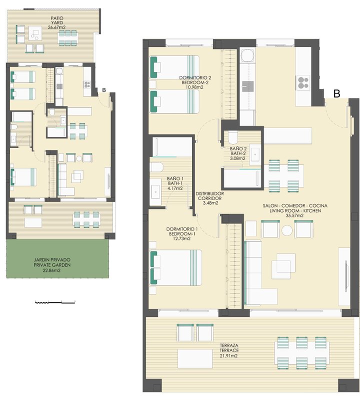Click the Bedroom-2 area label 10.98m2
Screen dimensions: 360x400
tap(194, 87)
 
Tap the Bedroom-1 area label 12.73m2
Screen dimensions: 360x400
tap(181, 239)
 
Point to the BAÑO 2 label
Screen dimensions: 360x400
tap(238, 148)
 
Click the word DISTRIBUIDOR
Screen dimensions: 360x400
tap(209, 193)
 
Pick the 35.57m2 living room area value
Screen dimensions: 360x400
tap(295, 215)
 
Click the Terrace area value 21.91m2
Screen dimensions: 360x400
tap(229, 356)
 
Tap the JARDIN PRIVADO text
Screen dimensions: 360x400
tap(52, 260)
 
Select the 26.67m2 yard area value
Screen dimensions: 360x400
tap(56, 27)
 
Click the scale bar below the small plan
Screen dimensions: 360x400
tap(55, 302)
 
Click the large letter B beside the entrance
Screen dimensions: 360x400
tap(337, 93)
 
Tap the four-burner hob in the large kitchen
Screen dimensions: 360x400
tap(303, 82)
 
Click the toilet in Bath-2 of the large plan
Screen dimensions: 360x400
tap(232, 138)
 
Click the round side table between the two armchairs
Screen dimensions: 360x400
tap(287, 230)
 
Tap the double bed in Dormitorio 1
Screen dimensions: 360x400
tap(175, 267)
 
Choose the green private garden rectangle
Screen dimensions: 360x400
tap(57, 258)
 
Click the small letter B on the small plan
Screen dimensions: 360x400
tap(103, 90)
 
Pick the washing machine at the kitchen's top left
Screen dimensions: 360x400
tap(247, 56)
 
